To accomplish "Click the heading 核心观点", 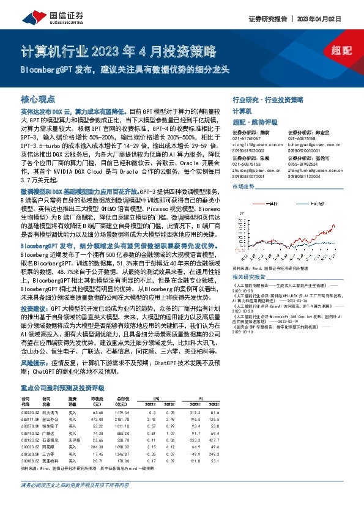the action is (37, 98).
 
